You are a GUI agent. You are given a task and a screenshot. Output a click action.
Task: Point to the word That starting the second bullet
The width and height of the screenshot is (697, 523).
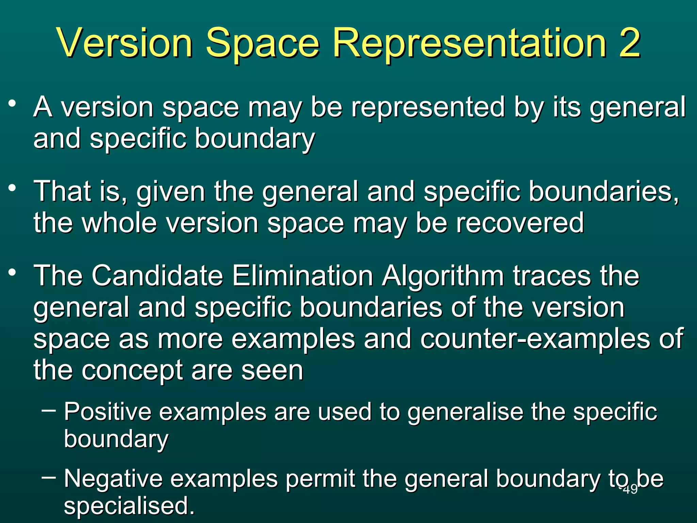click(x=63, y=191)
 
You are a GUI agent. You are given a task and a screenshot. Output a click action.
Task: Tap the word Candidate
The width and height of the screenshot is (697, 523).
click(x=157, y=275)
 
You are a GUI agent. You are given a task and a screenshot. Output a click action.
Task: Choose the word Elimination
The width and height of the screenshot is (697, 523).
click(x=303, y=275)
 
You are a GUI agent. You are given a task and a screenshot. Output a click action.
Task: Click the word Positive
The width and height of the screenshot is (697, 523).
click(x=108, y=412)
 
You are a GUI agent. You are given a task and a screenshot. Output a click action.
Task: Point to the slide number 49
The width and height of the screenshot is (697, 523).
click(x=630, y=489)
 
